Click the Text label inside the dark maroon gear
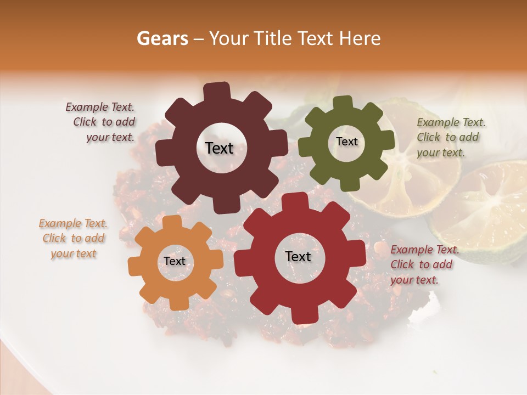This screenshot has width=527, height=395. click(x=219, y=148)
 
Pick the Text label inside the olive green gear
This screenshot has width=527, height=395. click(x=346, y=142)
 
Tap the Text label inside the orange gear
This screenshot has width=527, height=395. click(x=175, y=261)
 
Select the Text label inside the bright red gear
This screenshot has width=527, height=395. click(x=298, y=256)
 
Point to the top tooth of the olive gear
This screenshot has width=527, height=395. click(x=342, y=103)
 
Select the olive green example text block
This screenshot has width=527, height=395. click(x=450, y=137)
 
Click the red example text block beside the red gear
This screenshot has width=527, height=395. click(x=424, y=264)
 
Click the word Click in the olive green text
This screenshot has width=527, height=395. click(x=428, y=137)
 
